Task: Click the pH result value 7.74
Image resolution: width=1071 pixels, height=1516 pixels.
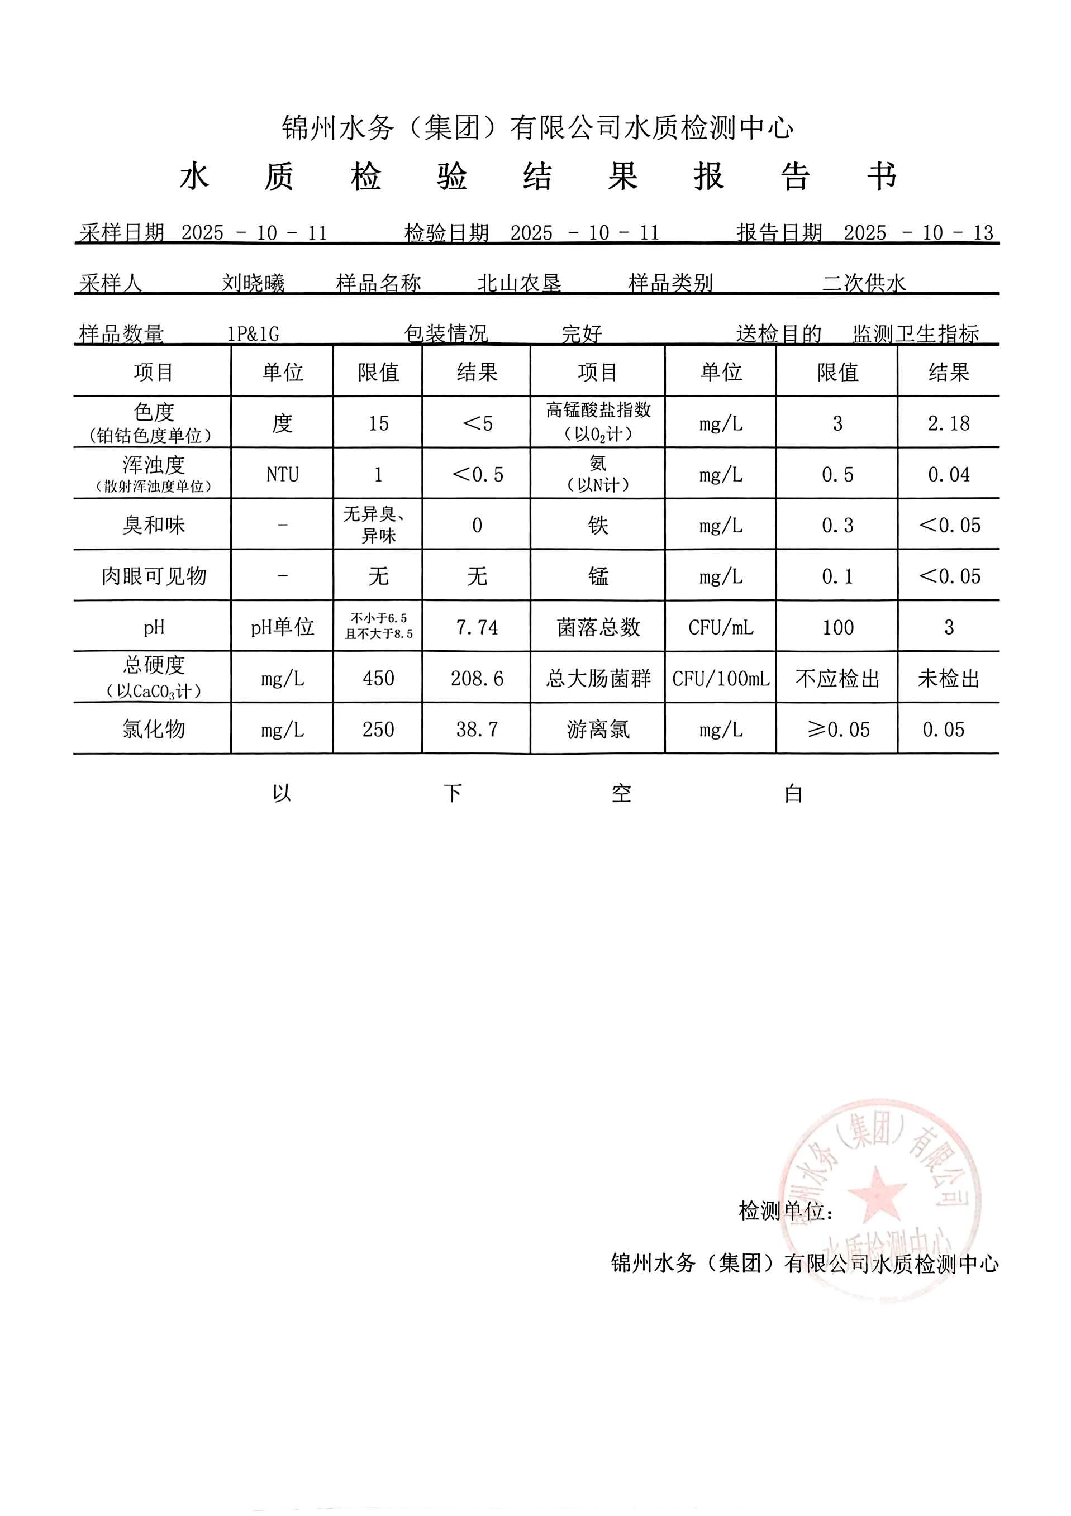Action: [x=477, y=627]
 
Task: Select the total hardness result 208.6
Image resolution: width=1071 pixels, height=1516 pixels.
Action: [x=477, y=678]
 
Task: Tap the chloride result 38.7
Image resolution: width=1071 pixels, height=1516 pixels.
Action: [x=477, y=729]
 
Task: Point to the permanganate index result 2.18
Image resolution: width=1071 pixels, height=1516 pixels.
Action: [x=948, y=423]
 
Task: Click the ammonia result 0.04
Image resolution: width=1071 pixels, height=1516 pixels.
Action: [x=948, y=474]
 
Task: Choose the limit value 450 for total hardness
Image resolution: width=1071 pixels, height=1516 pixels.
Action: [x=378, y=678]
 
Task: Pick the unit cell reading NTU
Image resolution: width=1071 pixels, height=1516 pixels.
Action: [x=283, y=474]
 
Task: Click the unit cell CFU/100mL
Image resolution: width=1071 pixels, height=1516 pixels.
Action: [x=720, y=678]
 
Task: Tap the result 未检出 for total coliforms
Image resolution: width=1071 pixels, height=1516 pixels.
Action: [x=948, y=678]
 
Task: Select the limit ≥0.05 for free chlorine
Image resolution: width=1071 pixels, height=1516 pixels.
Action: [x=838, y=729]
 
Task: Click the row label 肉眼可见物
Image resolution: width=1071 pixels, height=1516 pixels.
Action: [x=154, y=576]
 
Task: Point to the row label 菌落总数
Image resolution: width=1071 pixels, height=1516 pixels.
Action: [x=598, y=627]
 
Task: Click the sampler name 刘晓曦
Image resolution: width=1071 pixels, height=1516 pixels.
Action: [x=253, y=283]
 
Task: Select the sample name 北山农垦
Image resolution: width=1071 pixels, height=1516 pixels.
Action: [x=519, y=283]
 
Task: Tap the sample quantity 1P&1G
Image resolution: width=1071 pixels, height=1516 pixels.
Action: [x=253, y=334]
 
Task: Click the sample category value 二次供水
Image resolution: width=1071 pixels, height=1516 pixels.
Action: [x=864, y=283]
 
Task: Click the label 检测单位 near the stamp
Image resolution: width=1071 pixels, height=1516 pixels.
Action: [x=785, y=1211]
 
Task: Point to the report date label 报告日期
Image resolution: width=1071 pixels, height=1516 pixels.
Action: [x=779, y=232]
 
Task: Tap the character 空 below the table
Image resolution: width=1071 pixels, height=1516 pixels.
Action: [x=621, y=793]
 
